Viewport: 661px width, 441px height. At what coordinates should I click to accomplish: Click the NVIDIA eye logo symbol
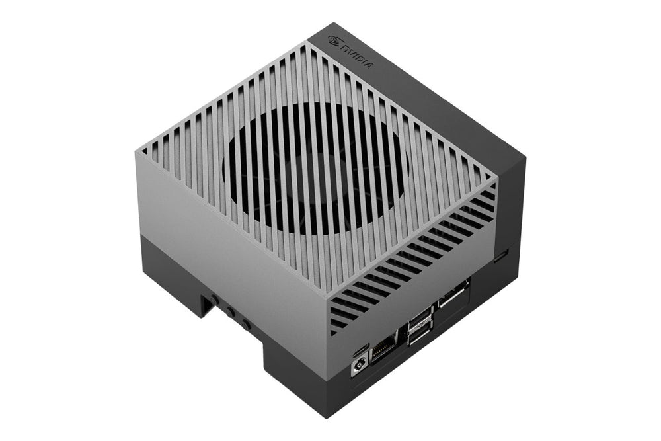[335, 40]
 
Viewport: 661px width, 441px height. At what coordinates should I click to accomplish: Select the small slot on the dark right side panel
[501, 256]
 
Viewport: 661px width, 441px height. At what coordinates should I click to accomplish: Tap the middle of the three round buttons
[230, 313]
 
